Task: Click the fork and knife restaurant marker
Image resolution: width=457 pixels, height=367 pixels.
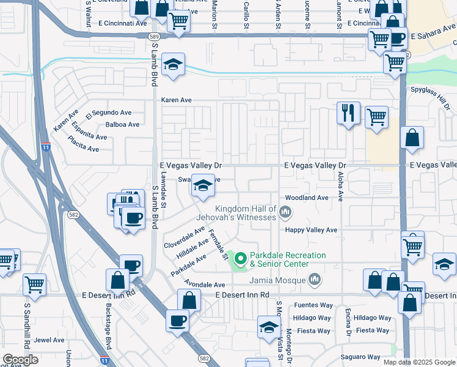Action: click(x=348, y=113)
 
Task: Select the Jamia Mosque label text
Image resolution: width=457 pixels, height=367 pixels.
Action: click(x=279, y=280)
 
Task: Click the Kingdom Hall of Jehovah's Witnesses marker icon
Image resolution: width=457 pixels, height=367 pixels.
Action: click(x=285, y=212)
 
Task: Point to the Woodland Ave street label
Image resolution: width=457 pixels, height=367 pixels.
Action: click(x=306, y=198)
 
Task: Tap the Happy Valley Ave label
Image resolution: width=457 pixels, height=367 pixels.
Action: click(x=312, y=230)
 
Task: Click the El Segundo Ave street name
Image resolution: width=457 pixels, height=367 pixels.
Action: click(x=109, y=113)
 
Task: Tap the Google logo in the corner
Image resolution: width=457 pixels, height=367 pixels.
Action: click(x=20, y=359)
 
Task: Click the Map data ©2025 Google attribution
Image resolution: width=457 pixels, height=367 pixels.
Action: click(x=419, y=362)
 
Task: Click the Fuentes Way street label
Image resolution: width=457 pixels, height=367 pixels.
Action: click(x=312, y=305)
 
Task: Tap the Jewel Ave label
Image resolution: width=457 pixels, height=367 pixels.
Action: click(x=49, y=340)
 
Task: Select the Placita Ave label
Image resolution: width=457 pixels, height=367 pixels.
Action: click(x=84, y=147)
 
